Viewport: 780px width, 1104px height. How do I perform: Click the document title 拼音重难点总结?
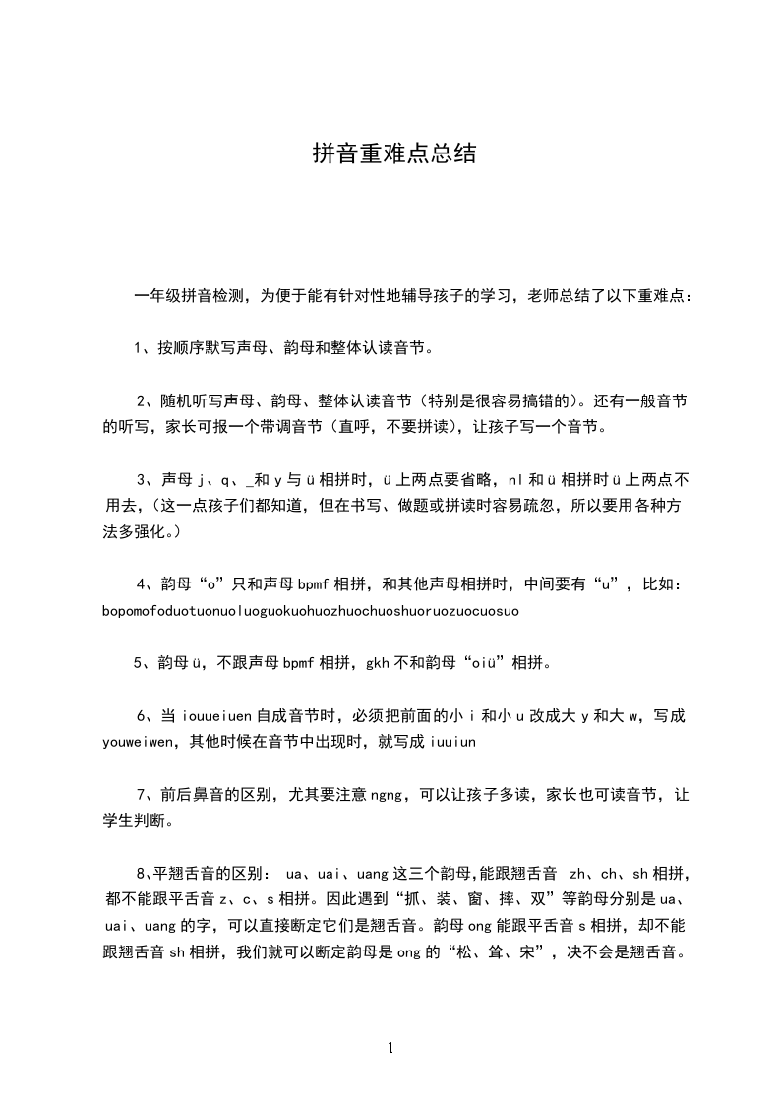pos(394,153)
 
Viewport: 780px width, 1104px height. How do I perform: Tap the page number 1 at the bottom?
pos(390,1047)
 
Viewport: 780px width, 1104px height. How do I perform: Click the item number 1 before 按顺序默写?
pos(139,347)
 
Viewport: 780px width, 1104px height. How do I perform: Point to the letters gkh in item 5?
pos(380,662)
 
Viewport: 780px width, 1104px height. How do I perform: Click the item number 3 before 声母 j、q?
pos(141,479)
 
